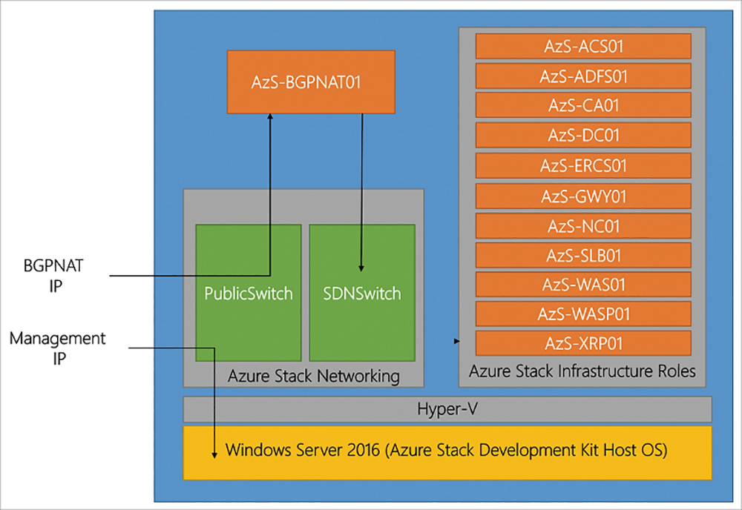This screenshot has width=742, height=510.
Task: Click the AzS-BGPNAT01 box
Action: point(311,82)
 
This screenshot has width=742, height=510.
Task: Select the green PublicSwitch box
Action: point(249,293)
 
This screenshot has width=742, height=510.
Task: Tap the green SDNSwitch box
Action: point(362,293)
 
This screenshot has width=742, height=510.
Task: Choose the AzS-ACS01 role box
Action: point(583,46)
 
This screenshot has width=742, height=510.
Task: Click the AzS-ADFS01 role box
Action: point(583,76)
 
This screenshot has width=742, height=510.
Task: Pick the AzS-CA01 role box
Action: point(583,105)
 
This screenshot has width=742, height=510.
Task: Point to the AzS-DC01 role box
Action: point(583,135)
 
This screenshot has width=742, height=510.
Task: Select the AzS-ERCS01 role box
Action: point(583,165)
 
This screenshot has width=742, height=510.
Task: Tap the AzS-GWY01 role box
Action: point(583,196)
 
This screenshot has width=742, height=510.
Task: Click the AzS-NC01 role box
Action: point(583,226)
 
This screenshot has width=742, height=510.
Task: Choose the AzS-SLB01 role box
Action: point(583,255)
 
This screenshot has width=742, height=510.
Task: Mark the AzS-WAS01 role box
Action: point(583,285)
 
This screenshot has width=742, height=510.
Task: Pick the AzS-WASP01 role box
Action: point(583,314)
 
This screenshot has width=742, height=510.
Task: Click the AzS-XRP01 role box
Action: point(583,343)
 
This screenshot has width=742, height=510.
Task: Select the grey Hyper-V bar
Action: point(447,409)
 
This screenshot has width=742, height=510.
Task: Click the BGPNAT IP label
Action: point(53,276)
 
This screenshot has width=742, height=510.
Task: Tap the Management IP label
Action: point(57,348)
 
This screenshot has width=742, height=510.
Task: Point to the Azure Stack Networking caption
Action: point(314,377)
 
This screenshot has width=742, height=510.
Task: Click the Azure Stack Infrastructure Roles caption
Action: point(582,371)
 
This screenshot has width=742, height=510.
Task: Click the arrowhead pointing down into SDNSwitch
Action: point(361,268)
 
